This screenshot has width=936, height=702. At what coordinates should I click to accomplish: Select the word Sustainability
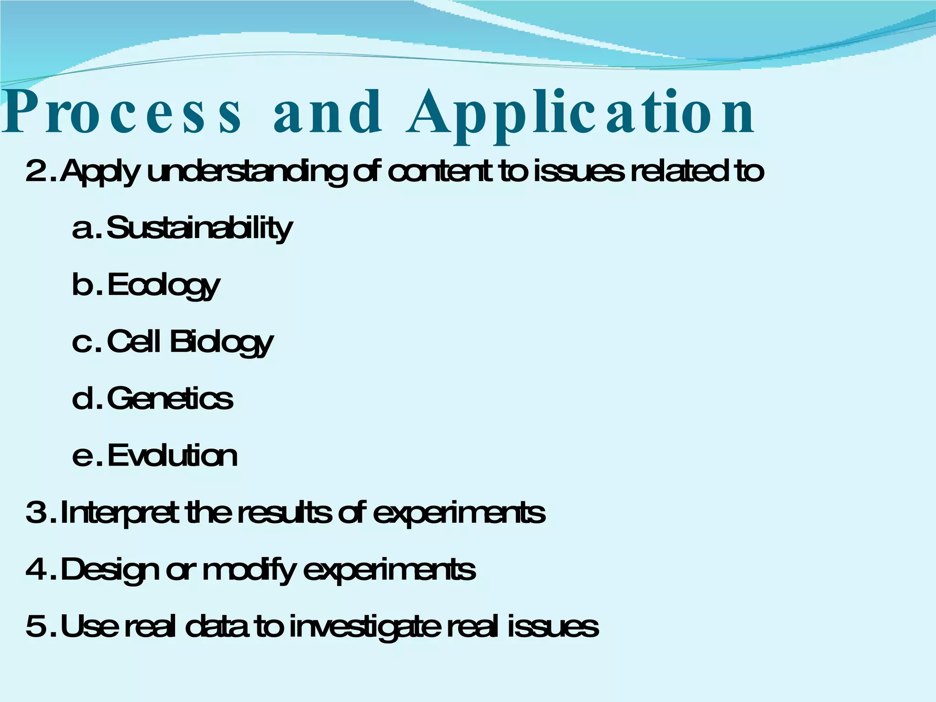[x=199, y=229]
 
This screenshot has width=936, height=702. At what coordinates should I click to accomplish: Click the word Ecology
[x=164, y=286]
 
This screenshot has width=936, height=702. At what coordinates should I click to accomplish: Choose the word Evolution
[x=172, y=456]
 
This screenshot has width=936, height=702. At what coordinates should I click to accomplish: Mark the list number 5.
[x=36, y=627]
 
